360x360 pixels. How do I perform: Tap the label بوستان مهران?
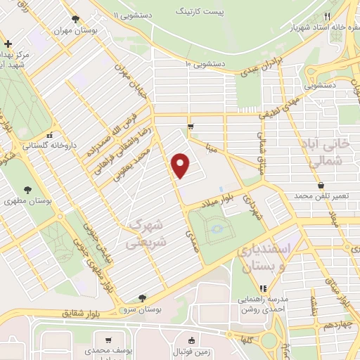click(x=95, y=32)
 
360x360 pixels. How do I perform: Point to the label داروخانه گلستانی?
click(x=47, y=146)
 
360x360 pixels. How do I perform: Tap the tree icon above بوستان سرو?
click(x=143, y=298)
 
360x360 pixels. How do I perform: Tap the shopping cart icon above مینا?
click(x=191, y=127)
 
